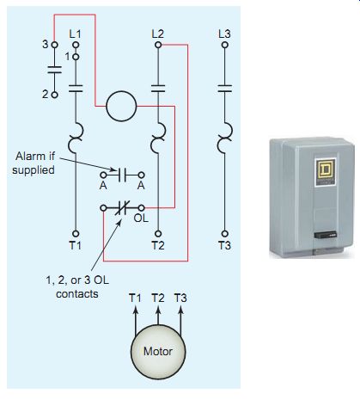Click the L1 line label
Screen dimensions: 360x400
pos(75,34)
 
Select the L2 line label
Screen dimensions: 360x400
pos(158,34)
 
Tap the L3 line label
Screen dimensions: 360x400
pos(224,34)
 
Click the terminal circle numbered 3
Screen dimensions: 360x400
pos(54,45)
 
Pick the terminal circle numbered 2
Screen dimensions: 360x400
pos(54,95)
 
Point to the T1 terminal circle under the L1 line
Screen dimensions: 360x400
pos(76,234)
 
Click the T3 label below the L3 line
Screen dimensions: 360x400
pos(224,245)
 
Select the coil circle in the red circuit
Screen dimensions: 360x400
pos(121,106)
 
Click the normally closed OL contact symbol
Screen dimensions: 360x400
pos(122,207)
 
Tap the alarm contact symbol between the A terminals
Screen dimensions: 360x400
pos(122,175)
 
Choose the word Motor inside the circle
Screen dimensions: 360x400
pos(158,351)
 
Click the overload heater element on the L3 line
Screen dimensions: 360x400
pos(225,138)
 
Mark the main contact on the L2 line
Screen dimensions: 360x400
pos(158,89)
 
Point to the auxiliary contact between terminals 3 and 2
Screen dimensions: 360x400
pos(54,70)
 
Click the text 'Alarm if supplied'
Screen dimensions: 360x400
pos(34,163)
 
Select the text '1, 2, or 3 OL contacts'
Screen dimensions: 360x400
pos(77,286)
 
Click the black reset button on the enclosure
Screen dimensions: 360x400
pos(326,235)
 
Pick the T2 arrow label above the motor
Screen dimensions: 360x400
pos(158,298)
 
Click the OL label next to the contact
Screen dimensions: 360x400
pos(141,218)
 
